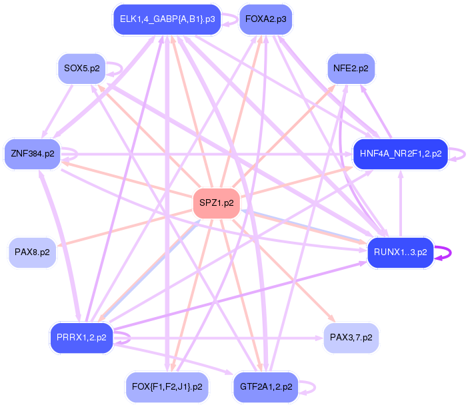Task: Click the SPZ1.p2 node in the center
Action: tap(216, 203)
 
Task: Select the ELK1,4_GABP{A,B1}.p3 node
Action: tap(167, 19)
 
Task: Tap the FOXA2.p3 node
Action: tap(265, 19)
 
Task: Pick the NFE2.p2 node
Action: tap(351, 68)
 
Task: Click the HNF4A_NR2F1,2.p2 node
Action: tap(400, 154)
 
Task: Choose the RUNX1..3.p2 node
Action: tap(400, 252)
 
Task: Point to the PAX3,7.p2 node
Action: tap(351, 338)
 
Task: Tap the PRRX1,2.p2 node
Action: tap(81, 338)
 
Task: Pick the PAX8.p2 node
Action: tap(32, 253)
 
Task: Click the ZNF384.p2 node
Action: tap(32, 154)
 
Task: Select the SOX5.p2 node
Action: tap(81, 68)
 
